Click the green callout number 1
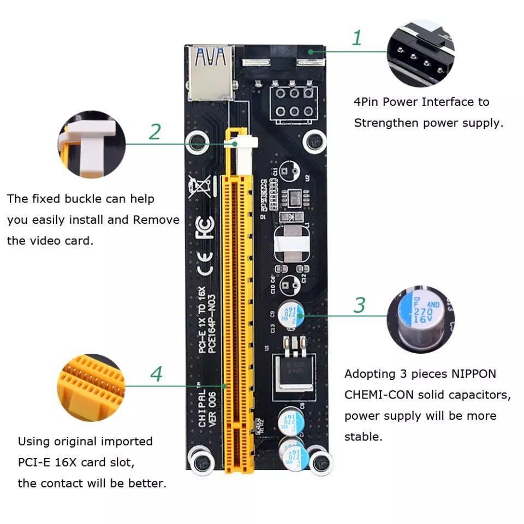(357, 38)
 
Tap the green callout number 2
(155, 132)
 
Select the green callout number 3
(359, 305)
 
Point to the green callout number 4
(156, 374)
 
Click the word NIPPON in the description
(473, 374)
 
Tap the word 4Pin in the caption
(366, 102)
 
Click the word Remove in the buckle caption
(156, 219)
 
